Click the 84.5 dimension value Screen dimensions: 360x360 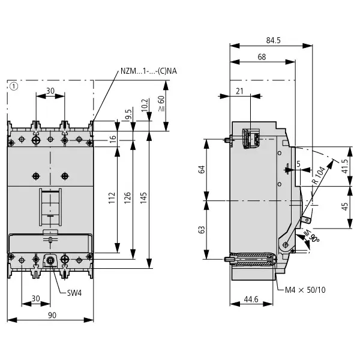coord(273,40)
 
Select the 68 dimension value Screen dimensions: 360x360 coord(262,57)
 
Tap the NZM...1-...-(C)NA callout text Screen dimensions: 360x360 coord(149,71)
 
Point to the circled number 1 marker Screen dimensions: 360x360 coord(14,86)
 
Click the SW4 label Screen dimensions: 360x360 coord(74,293)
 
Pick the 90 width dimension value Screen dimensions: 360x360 coord(52,315)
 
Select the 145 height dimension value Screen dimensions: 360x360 coord(143,198)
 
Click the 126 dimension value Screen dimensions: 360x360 coord(127,198)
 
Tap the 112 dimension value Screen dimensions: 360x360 coord(112,198)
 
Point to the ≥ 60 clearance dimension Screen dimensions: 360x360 coord(161,104)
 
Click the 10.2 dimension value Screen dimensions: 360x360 coord(145,106)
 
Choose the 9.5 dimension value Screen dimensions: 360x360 coord(128,114)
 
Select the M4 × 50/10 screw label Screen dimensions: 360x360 coord(305,290)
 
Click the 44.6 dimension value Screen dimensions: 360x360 coord(251,299)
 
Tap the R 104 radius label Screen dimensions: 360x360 coord(319,175)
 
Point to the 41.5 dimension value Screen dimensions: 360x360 coord(345,166)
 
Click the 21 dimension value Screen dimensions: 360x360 coord(239,91)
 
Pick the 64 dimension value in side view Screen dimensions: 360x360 coord(202,169)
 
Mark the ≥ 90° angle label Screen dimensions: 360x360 coord(311,236)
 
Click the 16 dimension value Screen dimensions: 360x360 coord(113,139)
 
